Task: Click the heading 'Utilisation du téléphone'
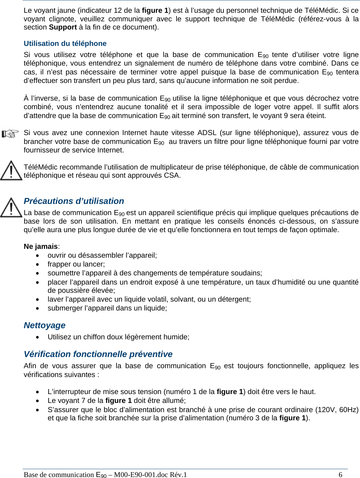coord(65,44)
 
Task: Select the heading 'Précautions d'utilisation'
coord(74,201)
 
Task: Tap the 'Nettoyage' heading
coord(45,325)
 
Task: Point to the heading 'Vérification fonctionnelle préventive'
coord(98,354)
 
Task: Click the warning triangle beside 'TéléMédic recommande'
coord(11,170)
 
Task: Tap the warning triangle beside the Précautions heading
coord(11,207)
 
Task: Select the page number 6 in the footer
coord(340,475)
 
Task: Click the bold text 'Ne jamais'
coord(41,247)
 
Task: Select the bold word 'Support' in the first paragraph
coord(63,27)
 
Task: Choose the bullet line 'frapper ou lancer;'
coord(76,264)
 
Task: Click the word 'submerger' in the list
coord(64,308)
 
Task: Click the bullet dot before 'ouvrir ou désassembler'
coord(39,255)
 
